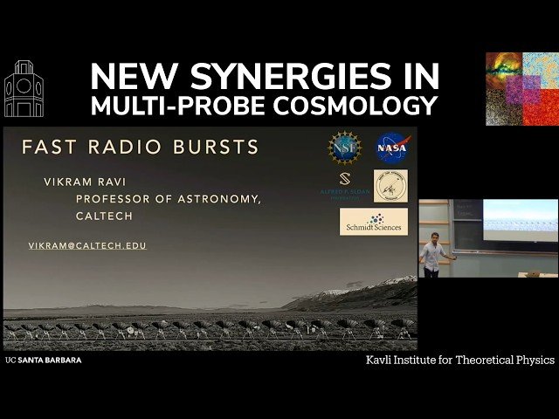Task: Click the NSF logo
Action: point(344,148)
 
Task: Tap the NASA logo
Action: point(391,148)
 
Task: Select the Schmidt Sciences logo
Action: point(373,222)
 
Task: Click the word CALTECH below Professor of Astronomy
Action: point(104,216)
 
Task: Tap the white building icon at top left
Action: point(23,89)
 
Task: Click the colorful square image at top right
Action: point(521,88)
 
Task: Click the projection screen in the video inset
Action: point(521,221)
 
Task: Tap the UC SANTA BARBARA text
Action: point(43,360)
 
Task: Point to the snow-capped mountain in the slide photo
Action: point(367,290)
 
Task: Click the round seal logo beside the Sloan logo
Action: point(390,186)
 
